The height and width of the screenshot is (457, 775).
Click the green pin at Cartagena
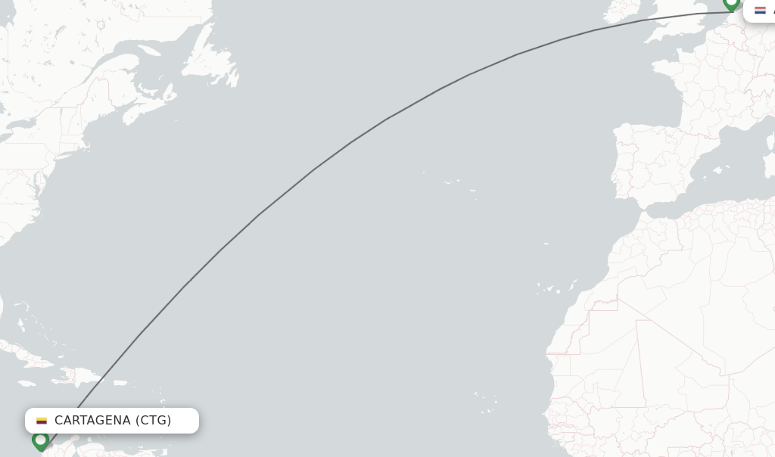pyautogui.click(x=41, y=440)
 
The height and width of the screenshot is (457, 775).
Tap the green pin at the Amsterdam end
pyautogui.click(x=731, y=2)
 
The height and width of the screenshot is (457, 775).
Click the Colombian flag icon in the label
pyautogui.click(x=42, y=421)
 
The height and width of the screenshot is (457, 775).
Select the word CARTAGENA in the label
pyautogui.click(x=92, y=421)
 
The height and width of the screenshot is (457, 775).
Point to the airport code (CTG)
pyautogui.click(x=154, y=421)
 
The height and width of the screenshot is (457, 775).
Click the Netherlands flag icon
pyautogui.click(x=760, y=10)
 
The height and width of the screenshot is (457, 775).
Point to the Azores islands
pyautogui.click(x=453, y=182)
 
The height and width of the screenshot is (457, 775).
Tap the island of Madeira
pyautogui.click(x=546, y=244)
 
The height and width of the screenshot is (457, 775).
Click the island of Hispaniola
pyautogui.click(x=84, y=375)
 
